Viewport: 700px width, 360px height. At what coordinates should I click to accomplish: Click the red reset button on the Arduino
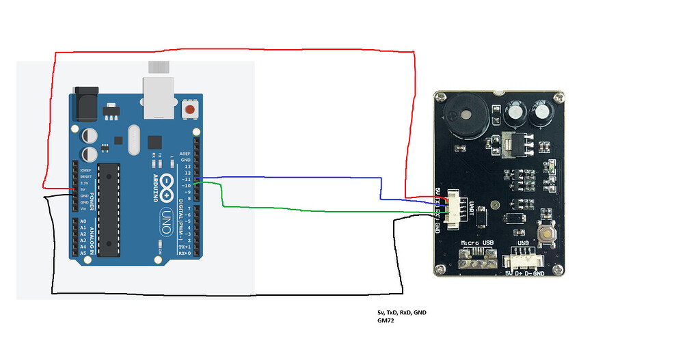pos(190,109)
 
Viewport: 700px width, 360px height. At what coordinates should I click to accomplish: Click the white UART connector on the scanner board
pos(454,206)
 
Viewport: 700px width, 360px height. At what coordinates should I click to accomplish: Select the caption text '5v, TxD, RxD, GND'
pos(396,312)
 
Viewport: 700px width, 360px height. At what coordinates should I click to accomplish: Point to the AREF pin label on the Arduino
pos(185,154)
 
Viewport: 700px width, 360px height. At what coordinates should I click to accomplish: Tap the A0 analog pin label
pos(83,222)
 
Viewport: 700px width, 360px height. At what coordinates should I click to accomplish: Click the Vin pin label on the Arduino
pos(83,208)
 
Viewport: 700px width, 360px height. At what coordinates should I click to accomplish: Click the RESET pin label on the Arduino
pos(85,176)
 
